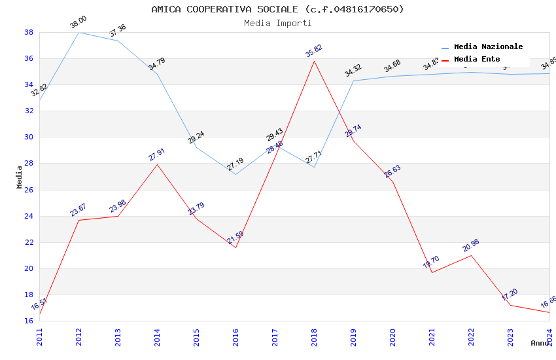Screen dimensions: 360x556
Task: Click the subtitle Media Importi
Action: coord(277,23)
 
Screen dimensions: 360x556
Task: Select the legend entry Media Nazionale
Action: coord(488,46)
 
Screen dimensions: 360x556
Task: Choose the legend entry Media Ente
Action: coord(477,59)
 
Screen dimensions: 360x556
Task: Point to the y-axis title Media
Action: coord(20,177)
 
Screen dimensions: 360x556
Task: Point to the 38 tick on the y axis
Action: coord(29,32)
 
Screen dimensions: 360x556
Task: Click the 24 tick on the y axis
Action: coord(29,216)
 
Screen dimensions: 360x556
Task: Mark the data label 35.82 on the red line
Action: coord(314,51)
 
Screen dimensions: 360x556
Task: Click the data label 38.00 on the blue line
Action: coord(78,22)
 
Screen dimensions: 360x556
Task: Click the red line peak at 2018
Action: coord(314,61)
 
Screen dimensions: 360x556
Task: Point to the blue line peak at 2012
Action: coord(78,32)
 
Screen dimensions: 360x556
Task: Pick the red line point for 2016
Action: coord(235,247)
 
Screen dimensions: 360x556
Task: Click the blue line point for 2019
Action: coord(353,81)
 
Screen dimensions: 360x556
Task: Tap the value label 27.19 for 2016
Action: coord(235,164)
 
